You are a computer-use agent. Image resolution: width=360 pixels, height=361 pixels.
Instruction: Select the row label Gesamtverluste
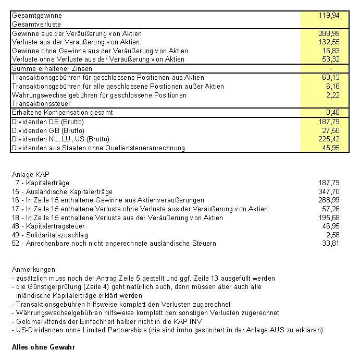pos(36,24)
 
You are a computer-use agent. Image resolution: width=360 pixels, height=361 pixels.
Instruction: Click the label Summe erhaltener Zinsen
pos(52,68)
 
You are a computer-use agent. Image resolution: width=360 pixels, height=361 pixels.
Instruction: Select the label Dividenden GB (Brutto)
pos(47,130)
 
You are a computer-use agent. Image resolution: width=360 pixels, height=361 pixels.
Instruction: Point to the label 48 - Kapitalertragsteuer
pos(48,226)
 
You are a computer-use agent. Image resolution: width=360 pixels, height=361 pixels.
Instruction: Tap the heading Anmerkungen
pos(33,270)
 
